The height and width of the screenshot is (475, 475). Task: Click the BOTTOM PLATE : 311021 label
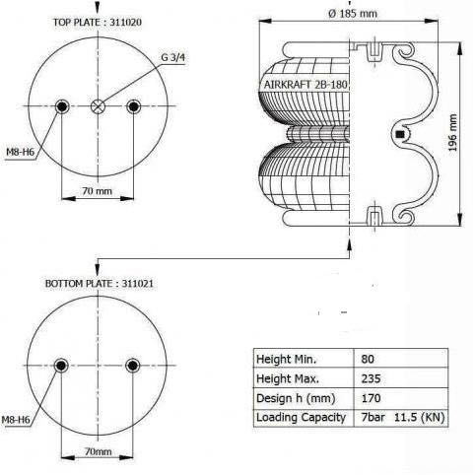point(98,283)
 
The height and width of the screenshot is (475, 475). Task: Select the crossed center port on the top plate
point(97,107)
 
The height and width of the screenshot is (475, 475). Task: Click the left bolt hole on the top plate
point(63,106)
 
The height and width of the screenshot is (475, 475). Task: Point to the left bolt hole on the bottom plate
point(63,366)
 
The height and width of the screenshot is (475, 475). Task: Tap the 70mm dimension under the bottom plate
point(96,451)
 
